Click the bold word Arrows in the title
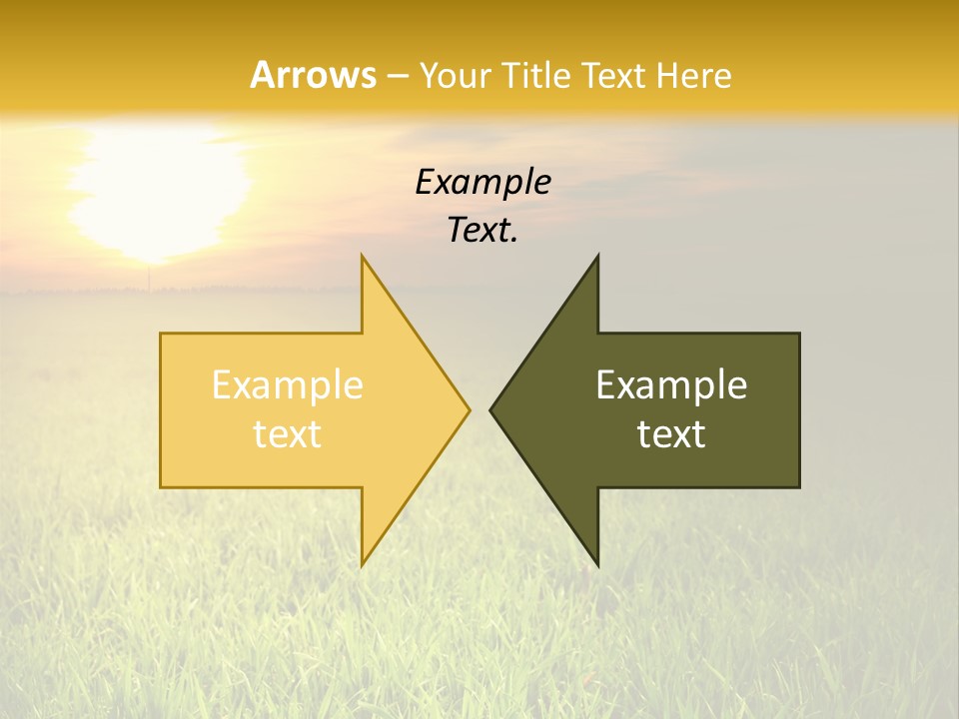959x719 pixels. coord(313,75)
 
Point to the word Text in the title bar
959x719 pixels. coord(614,75)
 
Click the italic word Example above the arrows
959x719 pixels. coord(482,182)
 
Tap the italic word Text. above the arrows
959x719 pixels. coord(482,230)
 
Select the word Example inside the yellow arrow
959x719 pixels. coord(287,385)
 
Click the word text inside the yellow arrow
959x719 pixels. coord(287,434)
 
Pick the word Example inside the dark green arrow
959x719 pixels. coord(671,385)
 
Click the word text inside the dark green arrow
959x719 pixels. coord(671,434)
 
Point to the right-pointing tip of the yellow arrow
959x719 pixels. coord(469,409)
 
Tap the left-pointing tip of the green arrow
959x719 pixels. coord(490,409)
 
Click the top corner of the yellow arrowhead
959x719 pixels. coord(363,256)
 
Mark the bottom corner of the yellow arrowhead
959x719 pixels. coord(363,565)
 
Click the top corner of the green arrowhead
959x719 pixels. coord(597,256)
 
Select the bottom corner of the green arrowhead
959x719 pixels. coord(597,565)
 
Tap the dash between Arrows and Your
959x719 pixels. coord(397,76)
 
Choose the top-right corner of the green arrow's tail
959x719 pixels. coord(799,334)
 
